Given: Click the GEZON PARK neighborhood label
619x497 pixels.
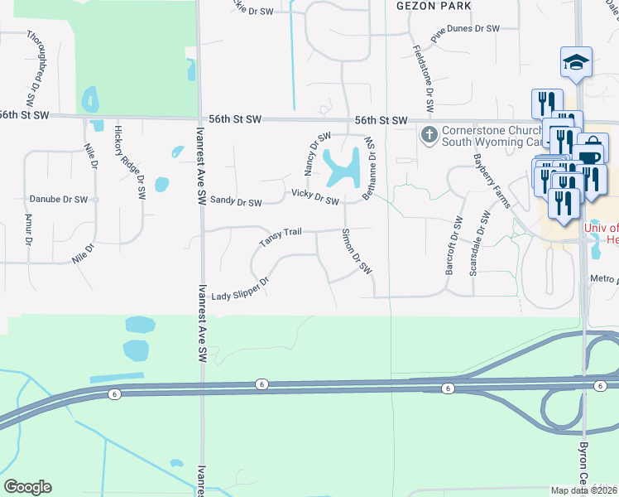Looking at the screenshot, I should point(434,6).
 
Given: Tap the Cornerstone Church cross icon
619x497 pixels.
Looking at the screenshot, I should point(429,134).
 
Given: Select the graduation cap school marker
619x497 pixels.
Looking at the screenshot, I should point(576,62).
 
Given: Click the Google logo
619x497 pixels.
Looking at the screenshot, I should point(27,486).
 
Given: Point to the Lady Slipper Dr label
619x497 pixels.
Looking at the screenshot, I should point(241,290).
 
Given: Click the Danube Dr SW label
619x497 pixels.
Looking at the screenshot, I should point(59,200).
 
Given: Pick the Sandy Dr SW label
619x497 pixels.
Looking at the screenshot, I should point(236,200).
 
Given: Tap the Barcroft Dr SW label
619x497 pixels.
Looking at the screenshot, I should point(452,245).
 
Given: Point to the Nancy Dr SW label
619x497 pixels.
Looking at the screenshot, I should point(317,152).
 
